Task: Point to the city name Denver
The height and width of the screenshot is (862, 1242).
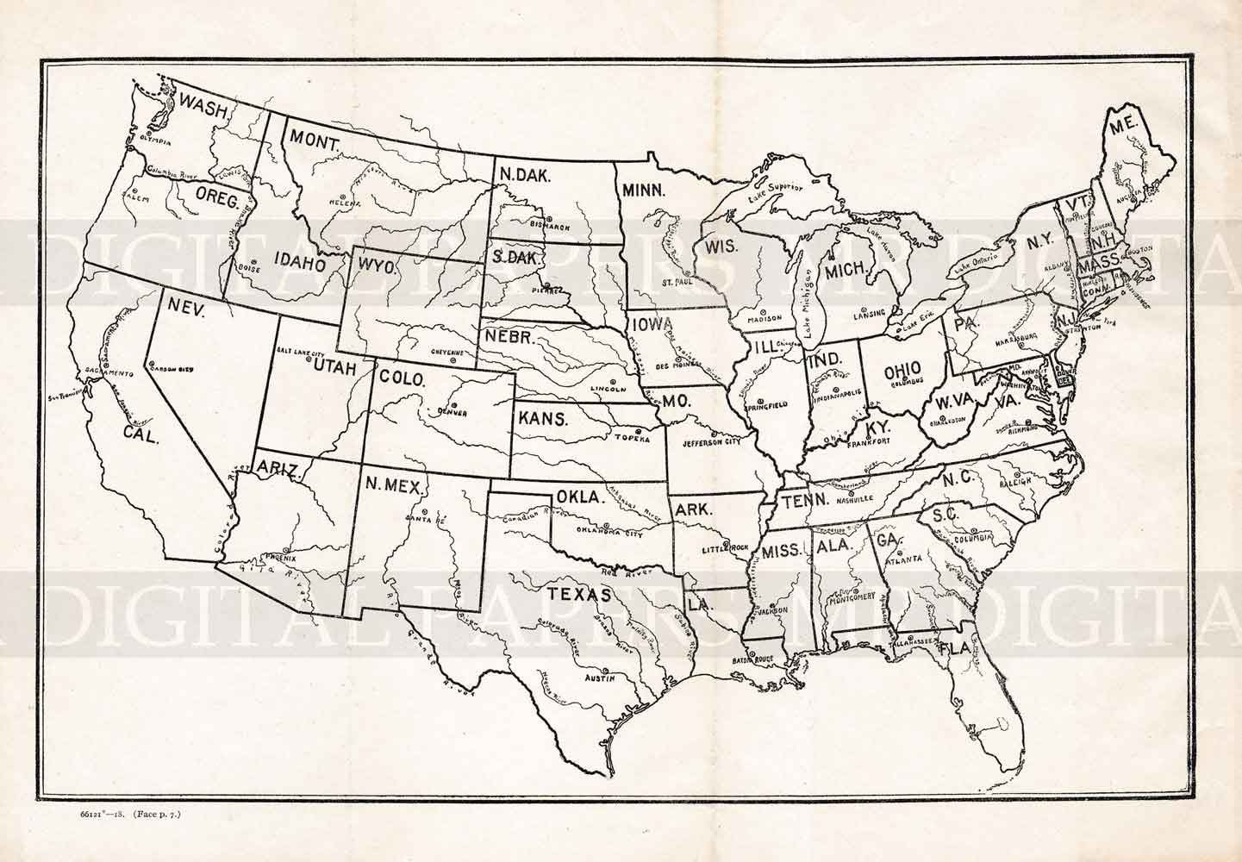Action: pyautogui.click(x=452, y=413)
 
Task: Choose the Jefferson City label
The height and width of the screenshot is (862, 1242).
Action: pyautogui.click(x=711, y=442)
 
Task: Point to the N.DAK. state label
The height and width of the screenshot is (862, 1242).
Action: pyautogui.click(x=526, y=174)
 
